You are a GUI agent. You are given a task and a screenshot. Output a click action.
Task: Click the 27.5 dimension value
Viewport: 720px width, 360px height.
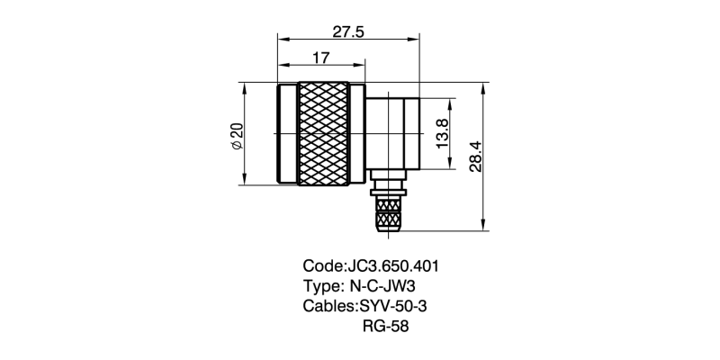tap(347, 31)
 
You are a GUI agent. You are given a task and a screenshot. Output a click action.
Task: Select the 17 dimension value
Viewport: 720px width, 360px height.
tap(319, 58)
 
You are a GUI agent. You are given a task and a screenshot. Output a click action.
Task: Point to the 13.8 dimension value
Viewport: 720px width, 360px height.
tap(441, 134)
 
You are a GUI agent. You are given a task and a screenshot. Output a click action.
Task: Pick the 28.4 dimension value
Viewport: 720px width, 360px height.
tap(476, 156)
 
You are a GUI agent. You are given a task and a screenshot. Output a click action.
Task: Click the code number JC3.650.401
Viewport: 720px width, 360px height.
tap(392, 267)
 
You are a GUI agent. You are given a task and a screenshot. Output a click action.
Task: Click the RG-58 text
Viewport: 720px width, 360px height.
tap(385, 327)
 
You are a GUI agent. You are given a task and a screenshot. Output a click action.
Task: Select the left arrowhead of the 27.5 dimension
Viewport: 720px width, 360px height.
tap(282, 40)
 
